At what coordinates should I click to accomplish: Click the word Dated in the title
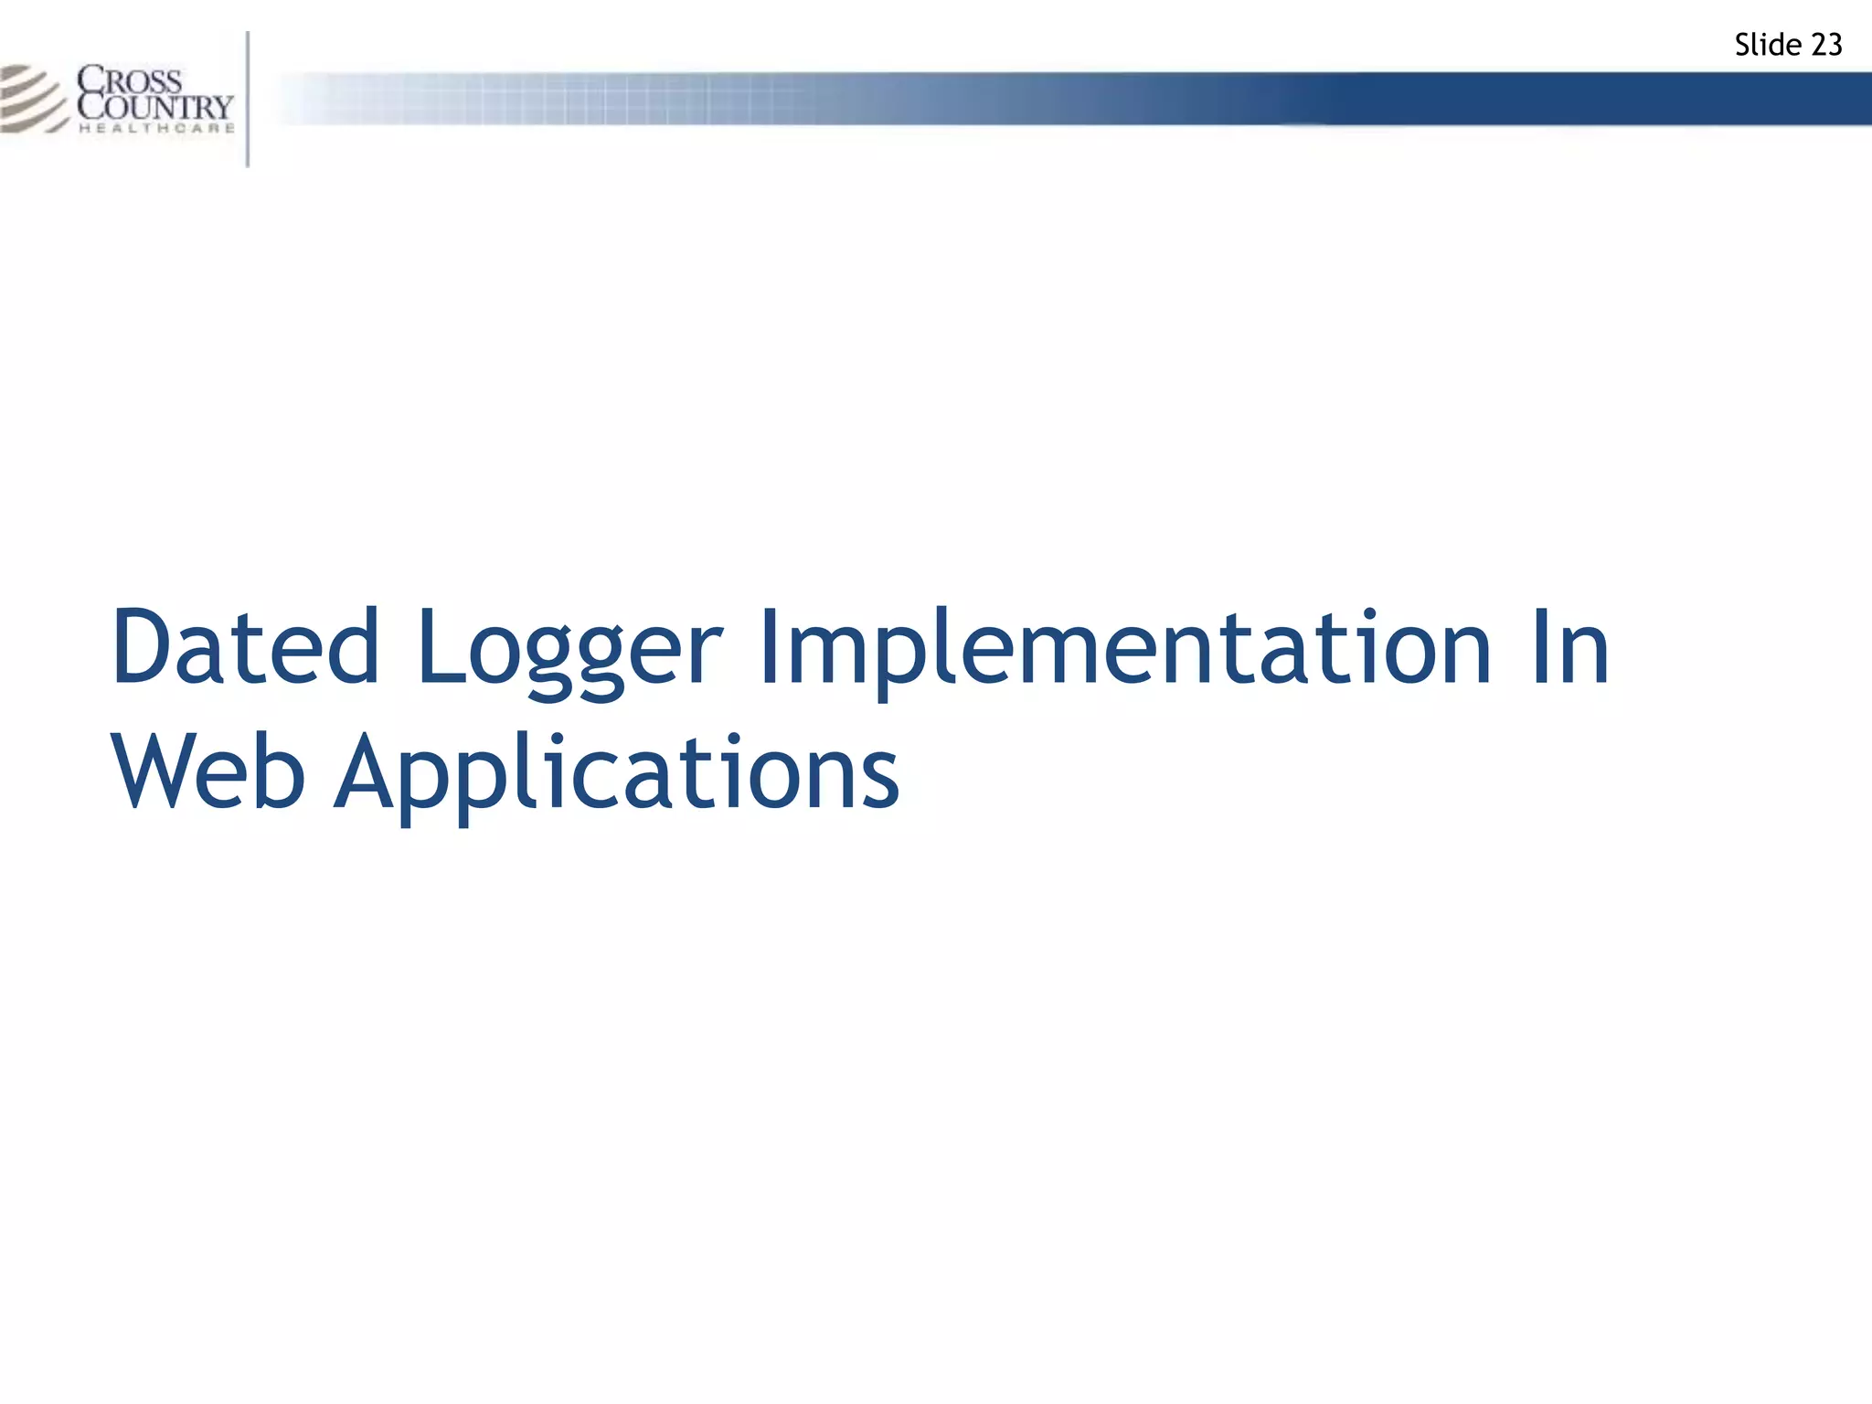(245, 647)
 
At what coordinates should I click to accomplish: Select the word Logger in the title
(569, 651)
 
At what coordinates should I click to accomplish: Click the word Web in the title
(208, 772)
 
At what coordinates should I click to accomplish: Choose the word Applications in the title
(617, 775)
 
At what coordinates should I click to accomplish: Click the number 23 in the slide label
(1825, 45)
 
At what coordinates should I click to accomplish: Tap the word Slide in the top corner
(1768, 45)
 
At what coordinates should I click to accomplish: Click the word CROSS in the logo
(130, 80)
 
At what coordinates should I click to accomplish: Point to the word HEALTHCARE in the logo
(157, 129)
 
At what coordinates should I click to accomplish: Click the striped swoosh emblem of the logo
(33, 98)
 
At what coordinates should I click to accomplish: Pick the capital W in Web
(160, 772)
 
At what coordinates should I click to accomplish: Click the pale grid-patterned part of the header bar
(548, 98)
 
